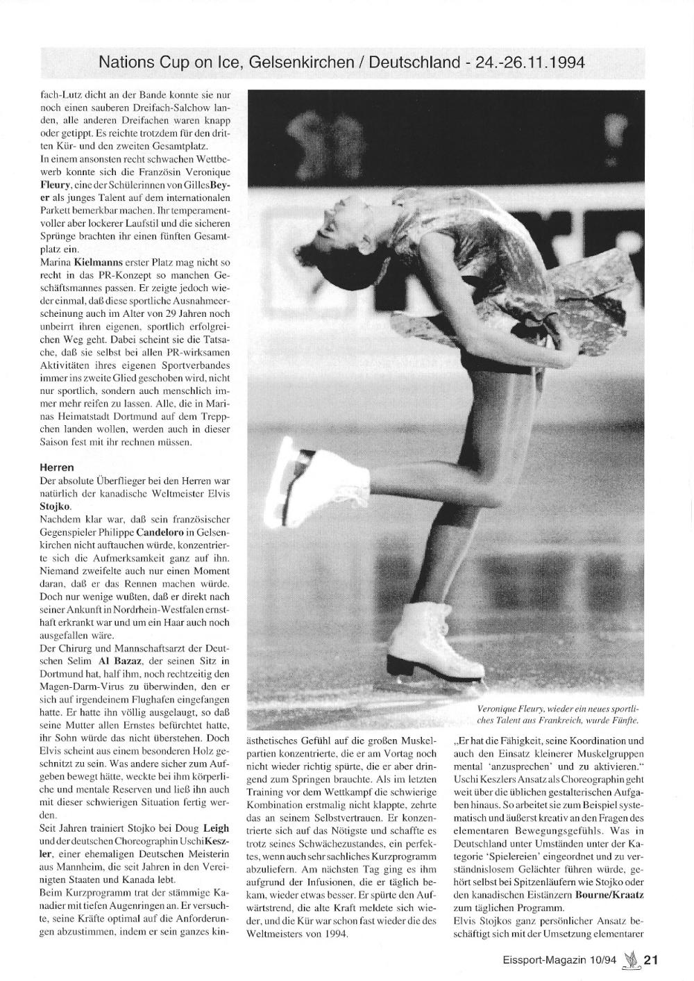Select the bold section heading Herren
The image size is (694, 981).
58,468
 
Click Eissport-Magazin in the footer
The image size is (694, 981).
548,962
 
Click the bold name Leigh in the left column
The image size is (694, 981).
215,828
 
